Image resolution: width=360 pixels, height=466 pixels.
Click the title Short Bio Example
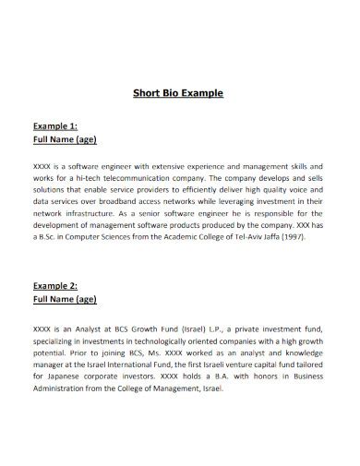181,93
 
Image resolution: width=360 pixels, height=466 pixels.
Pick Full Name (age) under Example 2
66,300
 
